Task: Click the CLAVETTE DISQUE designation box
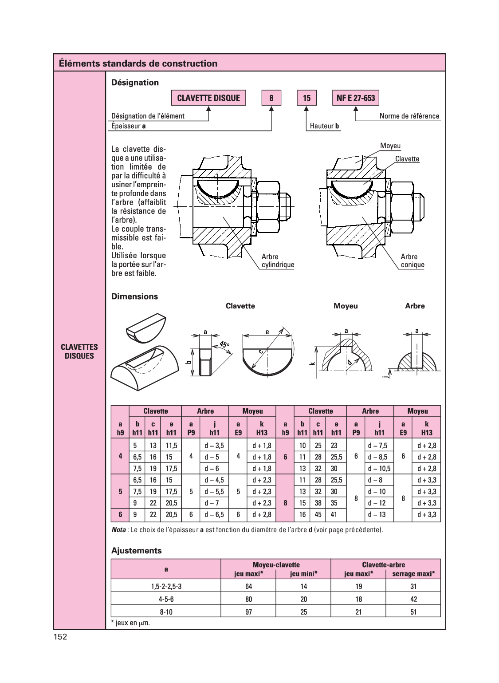point(208,98)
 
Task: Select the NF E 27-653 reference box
point(356,98)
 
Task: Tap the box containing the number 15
point(306,98)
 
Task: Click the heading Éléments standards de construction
point(138,63)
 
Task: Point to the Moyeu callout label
point(390,146)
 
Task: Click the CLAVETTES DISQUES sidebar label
point(79,351)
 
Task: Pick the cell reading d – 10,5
point(379,469)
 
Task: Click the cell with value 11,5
point(172,446)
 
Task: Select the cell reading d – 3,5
point(214,446)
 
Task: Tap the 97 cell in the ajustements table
point(248,612)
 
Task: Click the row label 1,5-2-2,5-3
point(166,586)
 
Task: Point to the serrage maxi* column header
point(413,574)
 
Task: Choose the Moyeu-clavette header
point(276,565)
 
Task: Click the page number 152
point(60,637)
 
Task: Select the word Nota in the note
point(118,530)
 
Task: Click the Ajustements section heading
point(136,551)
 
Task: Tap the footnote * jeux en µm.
point(130,623)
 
